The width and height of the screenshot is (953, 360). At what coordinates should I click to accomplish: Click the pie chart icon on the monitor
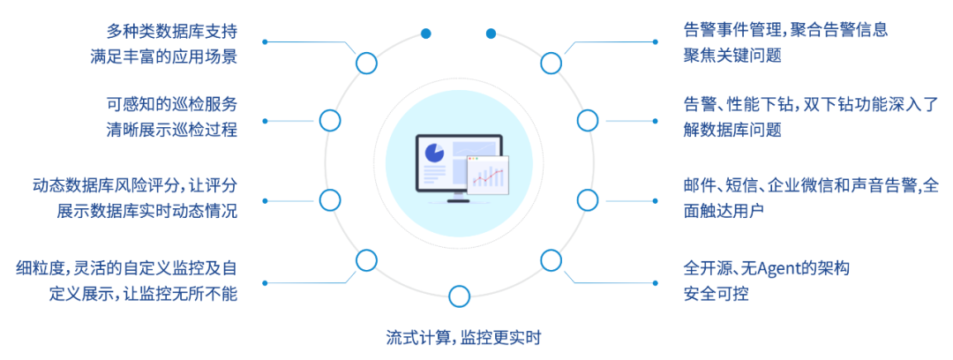(434, 153)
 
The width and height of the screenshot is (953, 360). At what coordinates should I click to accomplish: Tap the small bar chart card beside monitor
(488, 174)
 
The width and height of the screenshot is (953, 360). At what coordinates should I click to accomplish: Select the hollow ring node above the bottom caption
(458, 296)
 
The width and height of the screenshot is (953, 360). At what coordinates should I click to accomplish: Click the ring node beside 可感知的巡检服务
(330, 120)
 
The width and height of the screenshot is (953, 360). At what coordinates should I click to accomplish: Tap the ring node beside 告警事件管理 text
(551, 63)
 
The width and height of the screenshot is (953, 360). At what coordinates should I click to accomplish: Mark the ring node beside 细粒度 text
(366, 260)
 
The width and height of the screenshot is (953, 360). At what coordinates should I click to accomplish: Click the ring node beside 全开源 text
(551, 260)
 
